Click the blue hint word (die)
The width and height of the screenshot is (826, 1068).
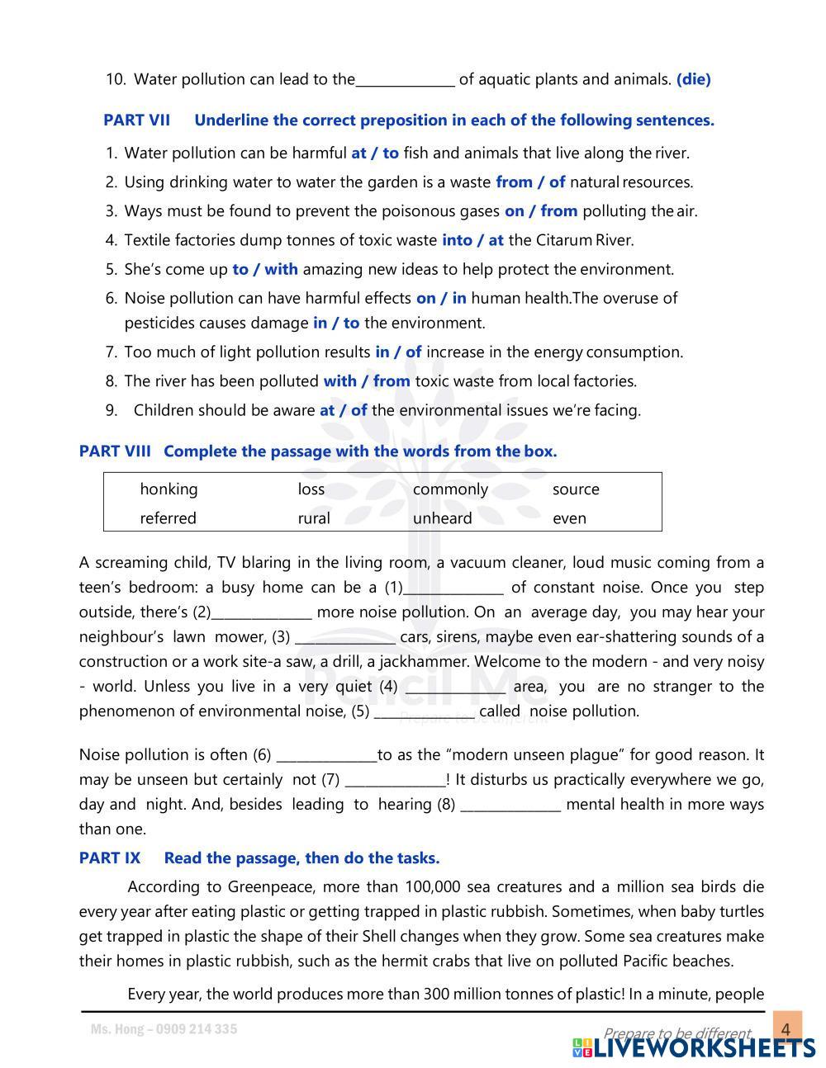pos(693,79)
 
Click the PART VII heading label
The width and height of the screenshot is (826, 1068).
pos(136,121)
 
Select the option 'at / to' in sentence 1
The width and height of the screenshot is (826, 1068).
pos(374,153)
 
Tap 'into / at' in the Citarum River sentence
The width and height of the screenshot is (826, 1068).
pos(472,240)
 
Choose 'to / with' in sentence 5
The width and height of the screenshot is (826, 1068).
pos(265,269)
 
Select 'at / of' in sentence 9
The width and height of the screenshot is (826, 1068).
pos(343,410)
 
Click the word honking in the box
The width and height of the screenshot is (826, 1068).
pos(169,489)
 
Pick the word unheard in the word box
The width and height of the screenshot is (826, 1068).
pos(442,518)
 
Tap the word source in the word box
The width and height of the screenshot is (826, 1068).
pos(576,489)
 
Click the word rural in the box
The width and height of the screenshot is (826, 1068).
pos(313,518)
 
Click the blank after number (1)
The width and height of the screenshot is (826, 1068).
pos(453,588)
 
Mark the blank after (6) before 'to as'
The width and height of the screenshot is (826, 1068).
pos(326,755)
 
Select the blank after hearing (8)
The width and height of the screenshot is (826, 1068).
pos(510,805)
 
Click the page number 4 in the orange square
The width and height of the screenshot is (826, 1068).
pos(786,1029)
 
